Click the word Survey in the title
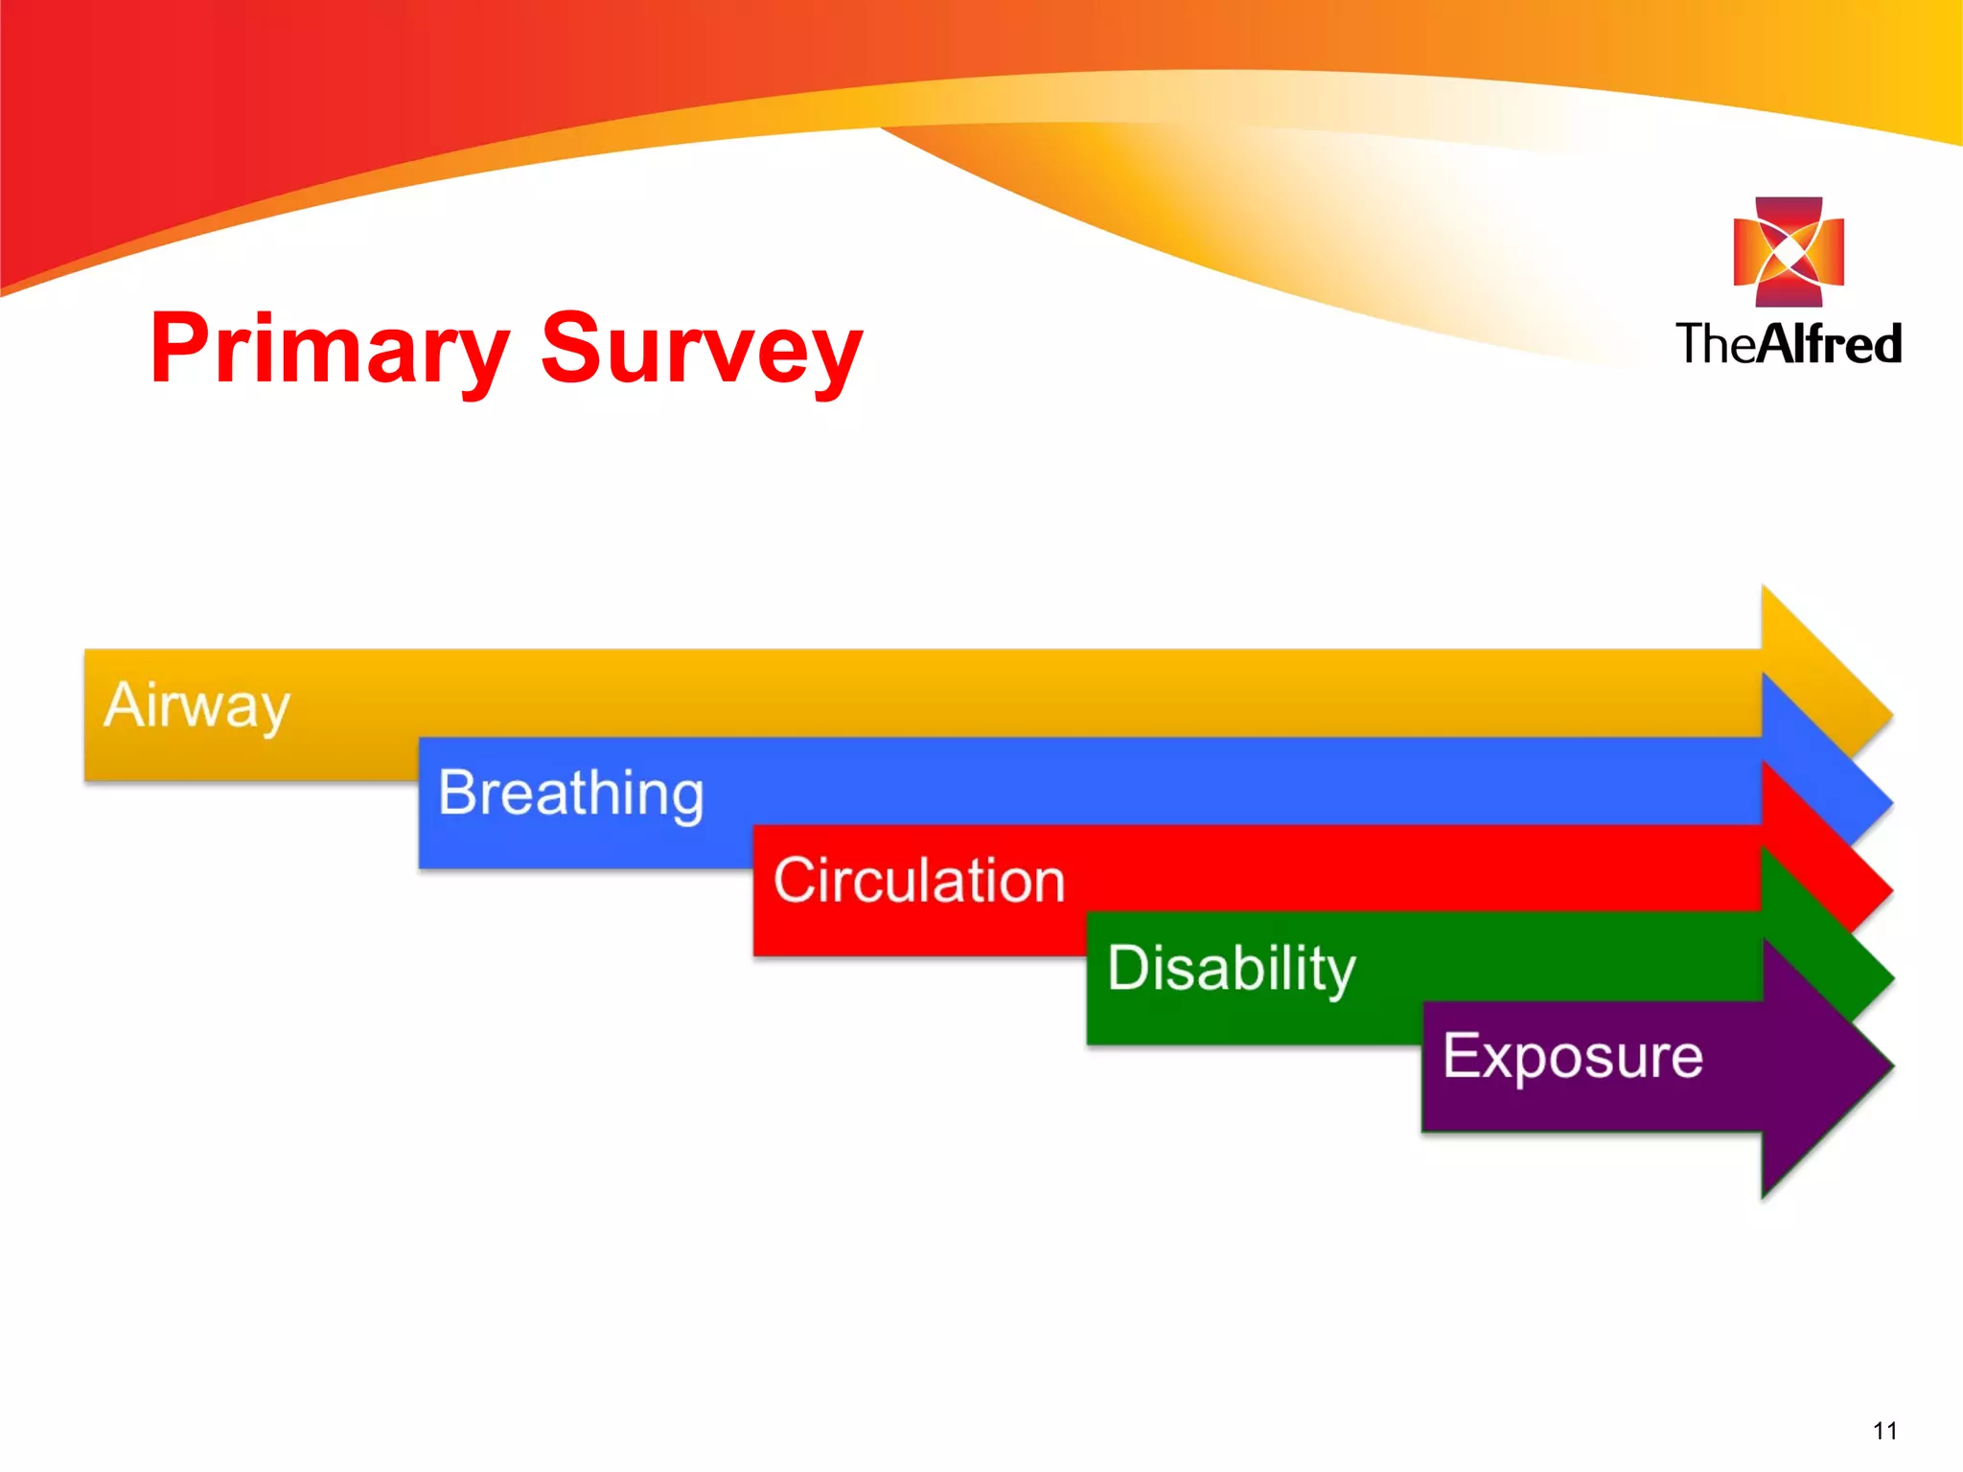pos(701,350)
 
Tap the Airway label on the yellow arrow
pos(196,706)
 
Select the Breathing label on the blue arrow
pos(571,793)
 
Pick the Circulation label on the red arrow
pos(919,881)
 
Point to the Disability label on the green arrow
pos(1232,968)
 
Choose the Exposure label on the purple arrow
pos(1573,1056)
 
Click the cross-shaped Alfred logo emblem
pos(1789,252)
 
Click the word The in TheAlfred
pos(1716,344)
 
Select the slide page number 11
pos(1884,1431)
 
